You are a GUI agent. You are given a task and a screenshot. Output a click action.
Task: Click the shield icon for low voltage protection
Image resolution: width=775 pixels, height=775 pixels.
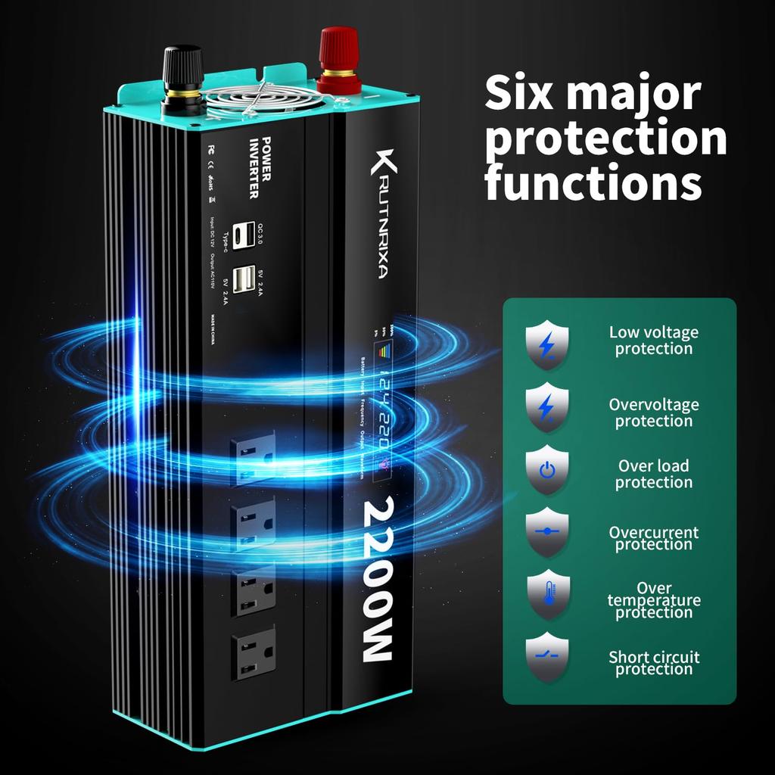pyautogui.click(x=546, y=343)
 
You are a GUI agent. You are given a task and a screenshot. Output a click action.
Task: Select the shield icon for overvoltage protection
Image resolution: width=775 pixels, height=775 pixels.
pyautogui.click(x=546, y=407)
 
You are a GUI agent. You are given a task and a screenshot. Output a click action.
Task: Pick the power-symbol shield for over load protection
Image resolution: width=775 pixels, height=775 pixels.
pyautogui.click(x=546, y=471)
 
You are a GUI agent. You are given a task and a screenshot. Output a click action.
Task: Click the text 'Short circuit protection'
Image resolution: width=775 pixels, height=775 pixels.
pyautogui.click(x=654, y=663)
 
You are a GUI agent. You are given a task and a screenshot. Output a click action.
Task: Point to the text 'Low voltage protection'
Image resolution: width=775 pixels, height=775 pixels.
pyautogui.click(x=654, y=341)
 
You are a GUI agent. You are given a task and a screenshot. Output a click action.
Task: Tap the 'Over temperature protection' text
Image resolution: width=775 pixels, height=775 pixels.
pyautogui.click(x=654, y=600)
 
